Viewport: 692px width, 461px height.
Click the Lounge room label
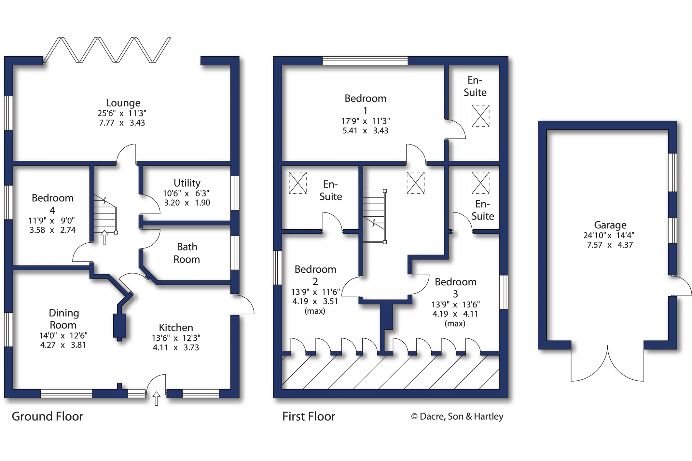[123, 103]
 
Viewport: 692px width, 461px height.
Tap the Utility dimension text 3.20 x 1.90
[187, 203]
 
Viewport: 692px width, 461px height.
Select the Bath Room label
[187, 253]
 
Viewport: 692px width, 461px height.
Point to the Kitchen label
[176, 327]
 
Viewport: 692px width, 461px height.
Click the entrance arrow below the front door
[156, 398]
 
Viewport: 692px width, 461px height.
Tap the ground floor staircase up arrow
[104, 237]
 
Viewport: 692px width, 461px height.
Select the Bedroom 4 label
[52, 204]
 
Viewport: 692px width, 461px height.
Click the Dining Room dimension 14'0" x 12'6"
[63, 335]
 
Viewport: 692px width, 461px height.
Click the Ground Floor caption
[48, 416]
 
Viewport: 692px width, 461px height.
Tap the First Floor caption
[309, 416]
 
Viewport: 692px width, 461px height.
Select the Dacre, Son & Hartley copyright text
[457, 416]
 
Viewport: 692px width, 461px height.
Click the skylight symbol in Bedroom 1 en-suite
[480, 116]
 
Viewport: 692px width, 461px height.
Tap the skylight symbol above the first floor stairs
[415, 183]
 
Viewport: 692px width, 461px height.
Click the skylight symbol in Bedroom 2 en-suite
[298, 183]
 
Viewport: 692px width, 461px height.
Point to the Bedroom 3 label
[455, 288]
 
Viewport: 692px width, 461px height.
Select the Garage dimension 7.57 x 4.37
[610, 245]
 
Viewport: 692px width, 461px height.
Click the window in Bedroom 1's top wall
[365, 61]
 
